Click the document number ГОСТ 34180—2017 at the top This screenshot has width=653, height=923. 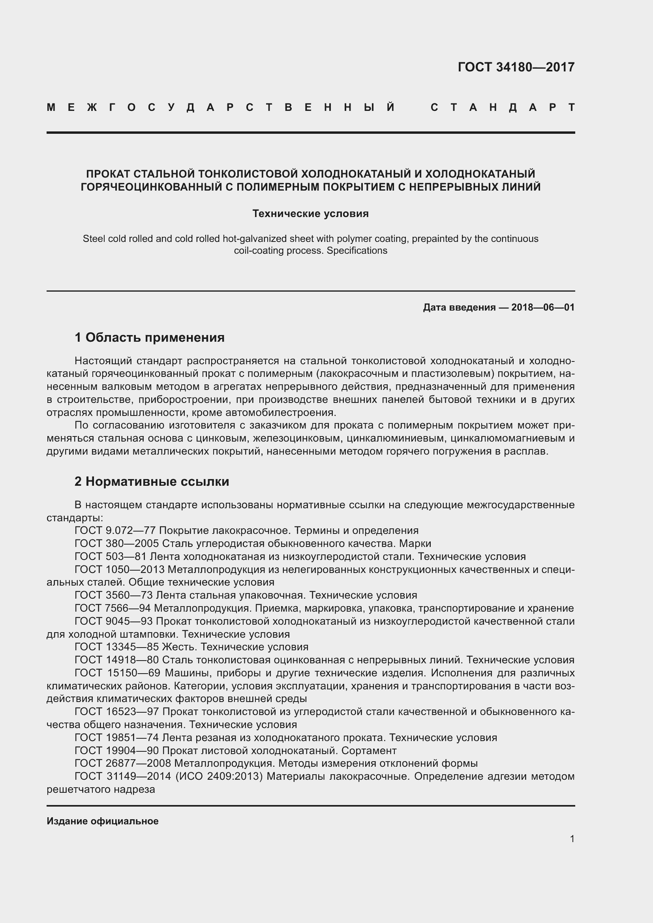[x=516, y=67]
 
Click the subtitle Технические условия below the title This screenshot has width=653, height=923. [x=310, y=213]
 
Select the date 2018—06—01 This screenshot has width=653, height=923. [x=543, y=307]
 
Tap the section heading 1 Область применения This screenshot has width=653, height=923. [x=150, y=337]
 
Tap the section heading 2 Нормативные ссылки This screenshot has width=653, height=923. [x=152, y=481]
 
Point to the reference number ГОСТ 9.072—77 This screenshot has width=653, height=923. [x=115, y=531]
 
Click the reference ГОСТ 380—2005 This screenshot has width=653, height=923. [x=117, y=543]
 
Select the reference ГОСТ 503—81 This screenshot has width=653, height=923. [x=111, y=556]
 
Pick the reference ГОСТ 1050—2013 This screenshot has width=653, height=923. [x=119, y=570]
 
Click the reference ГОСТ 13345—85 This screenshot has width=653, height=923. [x=116, y=647]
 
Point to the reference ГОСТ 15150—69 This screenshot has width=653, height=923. [x=117, y=673]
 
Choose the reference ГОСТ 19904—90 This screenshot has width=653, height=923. [x=117, y=751]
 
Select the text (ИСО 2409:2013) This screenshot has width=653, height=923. [x=219, y=776]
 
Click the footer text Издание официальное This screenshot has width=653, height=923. [x=103, y=821]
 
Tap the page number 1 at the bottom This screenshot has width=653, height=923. [x=572, y=839]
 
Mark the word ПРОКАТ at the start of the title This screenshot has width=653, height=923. [x=108, y=174]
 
